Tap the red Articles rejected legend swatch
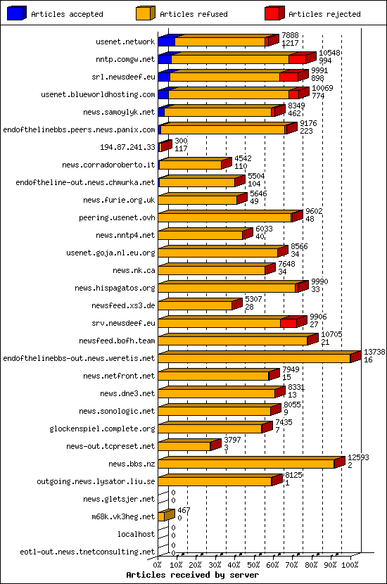[x=274, y=13]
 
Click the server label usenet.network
[x=125, y=42]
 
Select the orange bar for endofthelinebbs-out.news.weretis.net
[x=254, y=358]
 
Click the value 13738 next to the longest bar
[x=374, y=351]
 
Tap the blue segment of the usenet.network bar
[x=167, y=42]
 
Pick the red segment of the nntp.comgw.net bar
[x=296, y=59]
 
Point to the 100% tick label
[x=350, y=564]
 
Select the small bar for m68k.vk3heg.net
[x=162, y=516]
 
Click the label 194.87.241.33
[x=127, y=147]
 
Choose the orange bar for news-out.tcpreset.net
[x=184, y=446]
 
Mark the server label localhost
[x=136, y=534]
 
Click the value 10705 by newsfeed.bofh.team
[x=331, y=334]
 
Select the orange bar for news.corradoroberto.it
[x=190, y=165]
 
